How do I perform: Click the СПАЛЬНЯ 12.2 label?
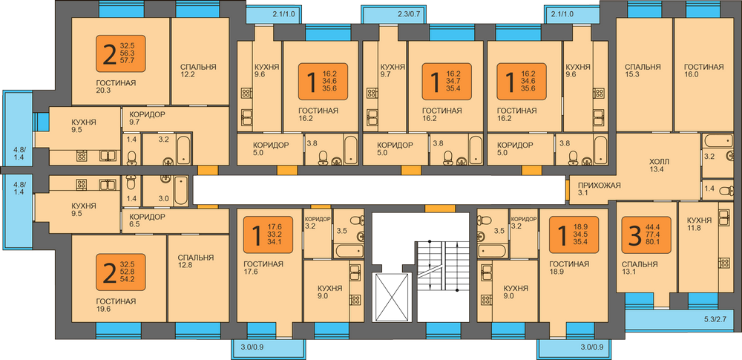pyautogui.click(x=197, y=71)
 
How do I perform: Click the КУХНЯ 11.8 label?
pyautogui.click(x=700, y=225)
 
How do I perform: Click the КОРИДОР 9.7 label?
pyautogui.click(x=146, y=118)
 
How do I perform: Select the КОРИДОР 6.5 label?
pyautogui.click(x=146, y=220)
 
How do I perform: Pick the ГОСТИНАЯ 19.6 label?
pyautogui.click(x=116, y=305)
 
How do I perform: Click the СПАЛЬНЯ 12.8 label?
pyautogui.click(x=195, y=262)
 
